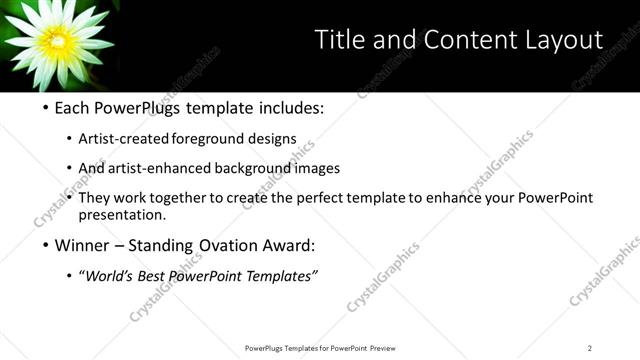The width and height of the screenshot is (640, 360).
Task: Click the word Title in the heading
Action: (x=341, y=39)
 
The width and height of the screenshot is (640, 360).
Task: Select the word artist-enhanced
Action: (x=177, y=168)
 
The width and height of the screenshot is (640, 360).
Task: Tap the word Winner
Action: (x=82, y=246)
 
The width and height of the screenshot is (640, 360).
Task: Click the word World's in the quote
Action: (x=111, y=276)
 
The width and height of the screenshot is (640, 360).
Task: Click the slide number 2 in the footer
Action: (x=590, y=348)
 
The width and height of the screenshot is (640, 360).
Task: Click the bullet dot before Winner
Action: (x=46, y=246)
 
